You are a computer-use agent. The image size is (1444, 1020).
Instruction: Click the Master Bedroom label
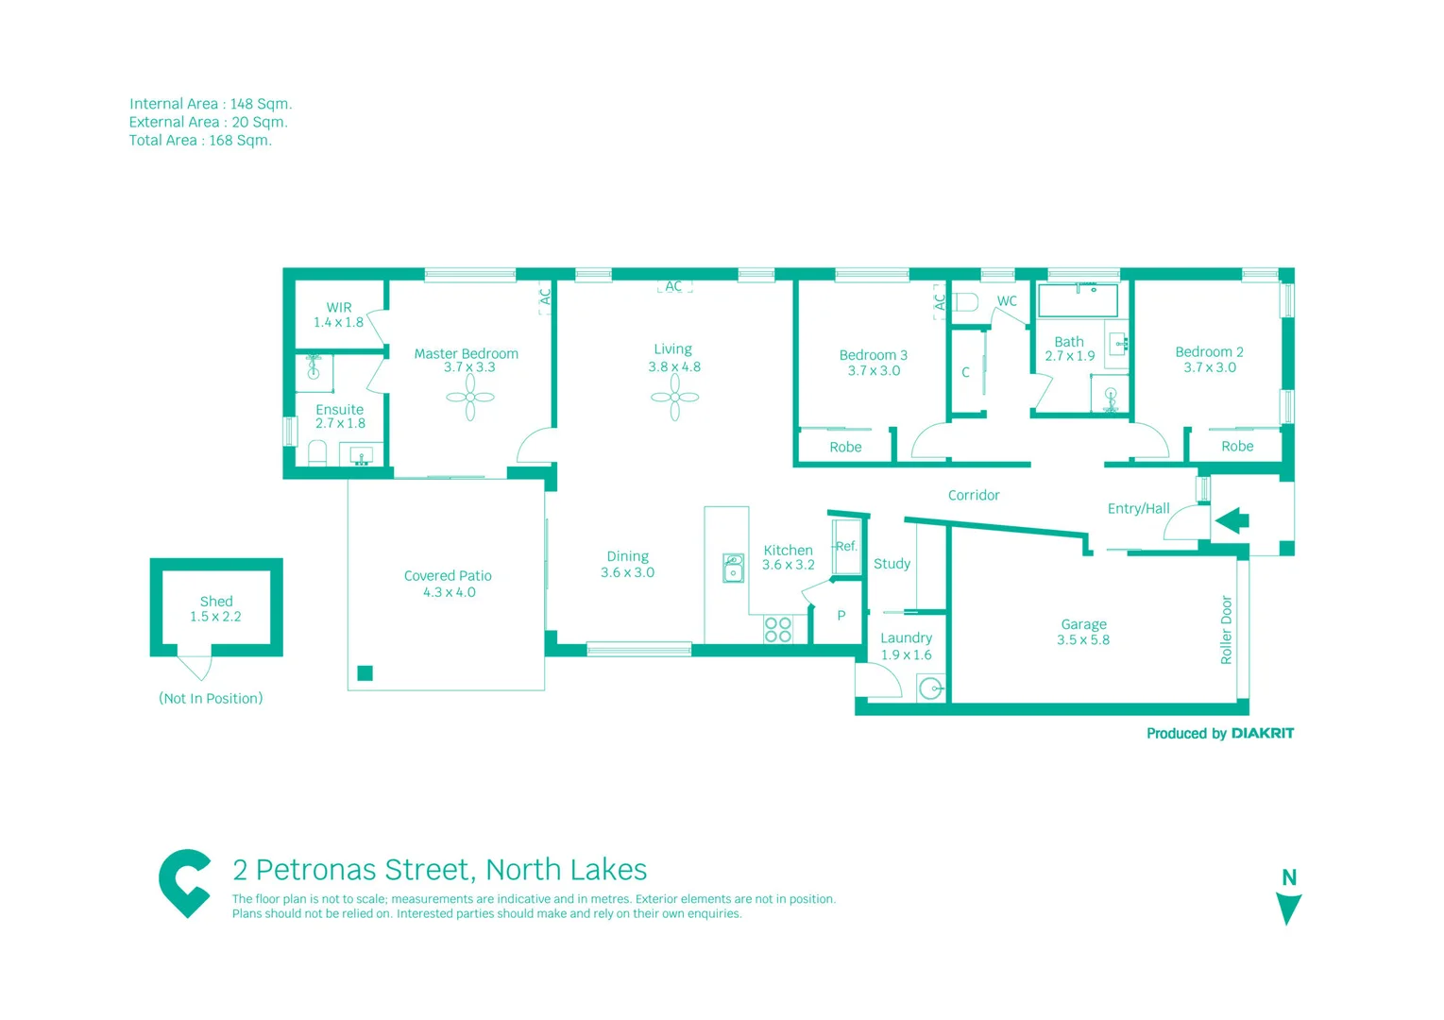click(466, 354)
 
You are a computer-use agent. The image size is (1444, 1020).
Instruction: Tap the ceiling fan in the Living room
click(674, 398)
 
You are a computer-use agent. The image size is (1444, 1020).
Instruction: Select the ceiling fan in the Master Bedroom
click(469, 398)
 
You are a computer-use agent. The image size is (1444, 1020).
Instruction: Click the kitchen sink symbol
click(733, 568)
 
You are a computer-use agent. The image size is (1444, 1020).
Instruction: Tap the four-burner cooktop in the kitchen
click(778, 630)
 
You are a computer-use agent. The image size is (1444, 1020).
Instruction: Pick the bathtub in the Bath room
click(1078, 300)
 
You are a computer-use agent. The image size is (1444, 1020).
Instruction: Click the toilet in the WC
click(965, 303)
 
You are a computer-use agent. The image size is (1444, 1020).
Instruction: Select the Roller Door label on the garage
click(1227, 630)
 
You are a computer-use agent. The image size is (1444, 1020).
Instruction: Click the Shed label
click(216, 602)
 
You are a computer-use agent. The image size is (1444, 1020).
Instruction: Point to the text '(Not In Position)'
click(211, 699)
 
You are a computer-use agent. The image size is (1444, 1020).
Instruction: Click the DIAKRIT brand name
click(1262, 734)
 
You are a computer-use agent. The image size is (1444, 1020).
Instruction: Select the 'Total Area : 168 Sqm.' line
click(200, 141)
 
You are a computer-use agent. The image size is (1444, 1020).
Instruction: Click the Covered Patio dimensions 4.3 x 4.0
click(449, 593)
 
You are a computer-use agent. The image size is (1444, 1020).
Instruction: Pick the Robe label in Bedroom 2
click(1237, 447)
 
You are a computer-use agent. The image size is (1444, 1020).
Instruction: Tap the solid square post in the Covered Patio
click(365, 673)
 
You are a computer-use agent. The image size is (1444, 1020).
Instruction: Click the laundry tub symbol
click(931, 688)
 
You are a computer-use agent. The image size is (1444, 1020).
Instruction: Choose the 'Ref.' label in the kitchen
click(846, 547)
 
